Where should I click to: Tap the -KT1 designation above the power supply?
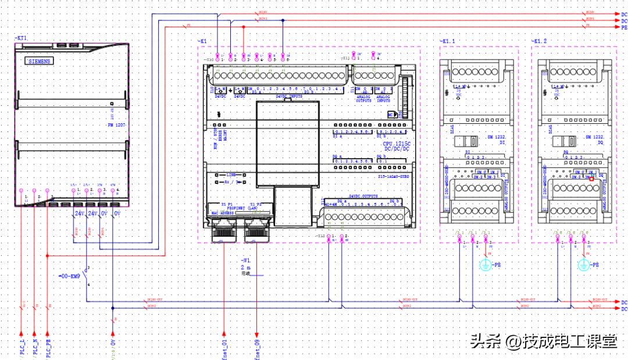(21, 38)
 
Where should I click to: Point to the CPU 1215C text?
(397, 143)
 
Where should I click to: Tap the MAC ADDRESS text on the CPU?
(222, 213)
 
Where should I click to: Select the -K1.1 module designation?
(448, 41)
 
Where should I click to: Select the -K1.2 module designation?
(540, 41)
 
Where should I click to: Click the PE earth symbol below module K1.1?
(486, 265)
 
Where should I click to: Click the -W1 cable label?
(246, 260)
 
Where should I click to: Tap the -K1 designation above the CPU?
(202, 41)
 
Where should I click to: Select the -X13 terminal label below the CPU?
(321, 236)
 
